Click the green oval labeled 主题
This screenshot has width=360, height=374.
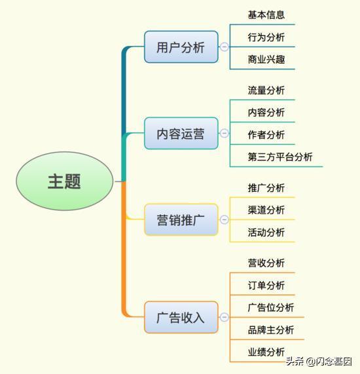pos(65,181)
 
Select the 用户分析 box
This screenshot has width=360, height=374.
pos(181,47)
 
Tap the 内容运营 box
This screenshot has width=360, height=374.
pos(181,134)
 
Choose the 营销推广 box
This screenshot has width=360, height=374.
pos(181,219)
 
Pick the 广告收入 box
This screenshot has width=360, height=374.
pos(181,317)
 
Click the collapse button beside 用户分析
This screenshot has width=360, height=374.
pos(224,47)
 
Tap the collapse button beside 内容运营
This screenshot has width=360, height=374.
pos(224,133)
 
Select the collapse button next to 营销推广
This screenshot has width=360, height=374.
pos(224,219)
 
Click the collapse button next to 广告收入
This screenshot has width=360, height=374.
pos(224,317)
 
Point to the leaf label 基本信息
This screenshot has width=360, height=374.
pos(266,15)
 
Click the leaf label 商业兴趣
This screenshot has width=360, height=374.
pos(266,60)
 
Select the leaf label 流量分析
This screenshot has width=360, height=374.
pos(266,90)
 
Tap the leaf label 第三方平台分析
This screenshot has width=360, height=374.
pos(280,157)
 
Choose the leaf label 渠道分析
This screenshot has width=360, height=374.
pos(266,210)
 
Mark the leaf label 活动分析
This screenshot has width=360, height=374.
pos(266,233)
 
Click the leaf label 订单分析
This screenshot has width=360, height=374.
pos(266,286)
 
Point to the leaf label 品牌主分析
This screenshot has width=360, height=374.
pos(271,330)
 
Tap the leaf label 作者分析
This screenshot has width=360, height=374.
pos(266,135)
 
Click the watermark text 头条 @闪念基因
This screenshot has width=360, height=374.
pos(319,362)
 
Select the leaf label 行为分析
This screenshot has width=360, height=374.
pos(266,37)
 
